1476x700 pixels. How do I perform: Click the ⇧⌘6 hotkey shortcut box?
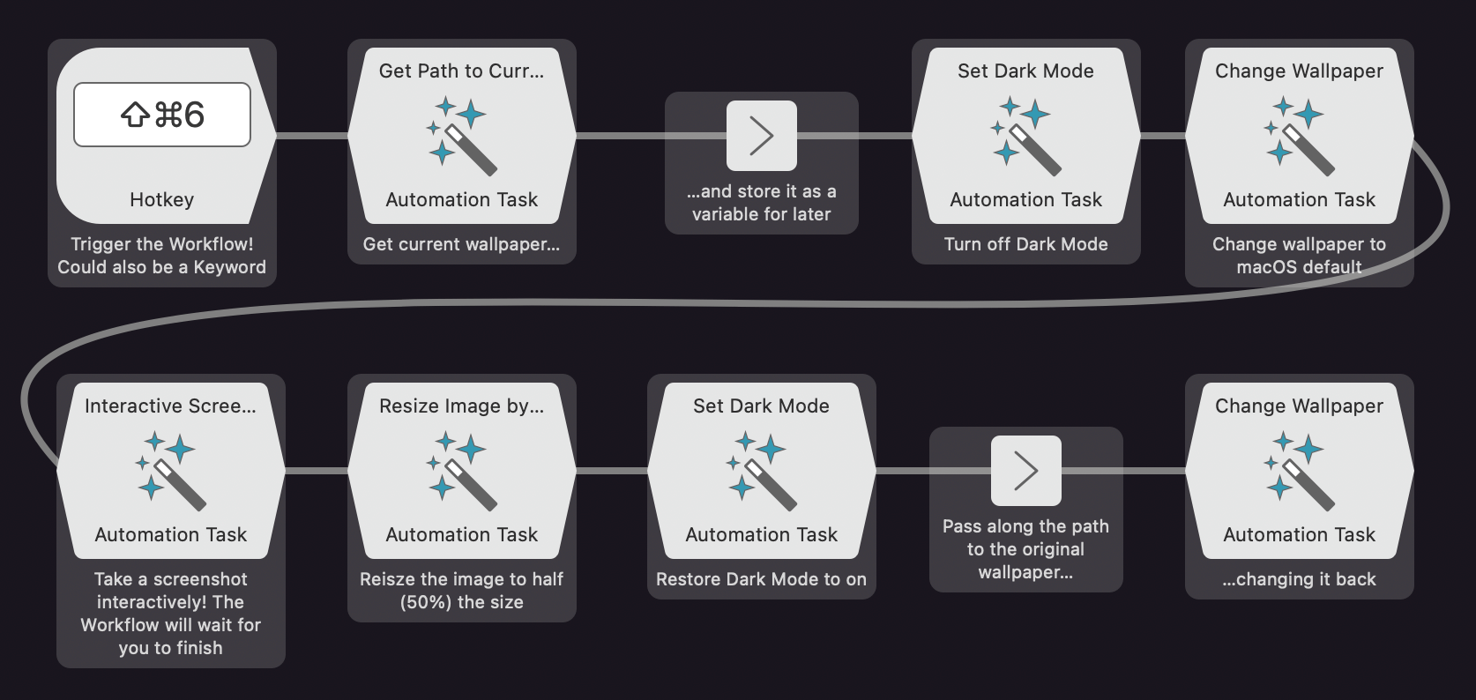coord(162,115)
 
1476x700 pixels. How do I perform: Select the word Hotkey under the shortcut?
coord(162,200)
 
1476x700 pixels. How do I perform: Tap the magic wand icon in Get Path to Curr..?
coord(461,135)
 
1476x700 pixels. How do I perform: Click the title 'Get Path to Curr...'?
coord(461,71)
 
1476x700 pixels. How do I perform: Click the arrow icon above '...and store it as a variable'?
coord(762,136)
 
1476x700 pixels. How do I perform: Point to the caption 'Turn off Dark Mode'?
coord(1025,244)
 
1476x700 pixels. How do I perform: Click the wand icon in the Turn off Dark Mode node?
coord(1025,135)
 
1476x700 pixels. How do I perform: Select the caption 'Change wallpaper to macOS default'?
coord(1299,256)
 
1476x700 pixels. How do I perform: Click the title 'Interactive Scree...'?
coord(170,406)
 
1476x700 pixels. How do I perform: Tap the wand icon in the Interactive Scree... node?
coord(170,470)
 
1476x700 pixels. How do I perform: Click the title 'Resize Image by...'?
coord(461,406)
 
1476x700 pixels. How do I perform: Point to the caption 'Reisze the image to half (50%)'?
coord(461,591)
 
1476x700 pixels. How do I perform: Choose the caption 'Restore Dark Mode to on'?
coord(761,579)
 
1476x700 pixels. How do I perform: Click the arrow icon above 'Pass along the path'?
coord(1026,471)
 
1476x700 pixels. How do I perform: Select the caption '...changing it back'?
coord(1299,579)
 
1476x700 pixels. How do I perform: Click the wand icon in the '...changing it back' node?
coord(1299,470)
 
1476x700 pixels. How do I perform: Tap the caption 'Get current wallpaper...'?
coord(461,244)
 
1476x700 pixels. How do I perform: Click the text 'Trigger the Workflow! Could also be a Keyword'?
coord(162,256)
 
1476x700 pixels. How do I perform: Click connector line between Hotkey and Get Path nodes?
coord(312,136)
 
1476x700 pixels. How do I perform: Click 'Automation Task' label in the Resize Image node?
coord(461,535)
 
